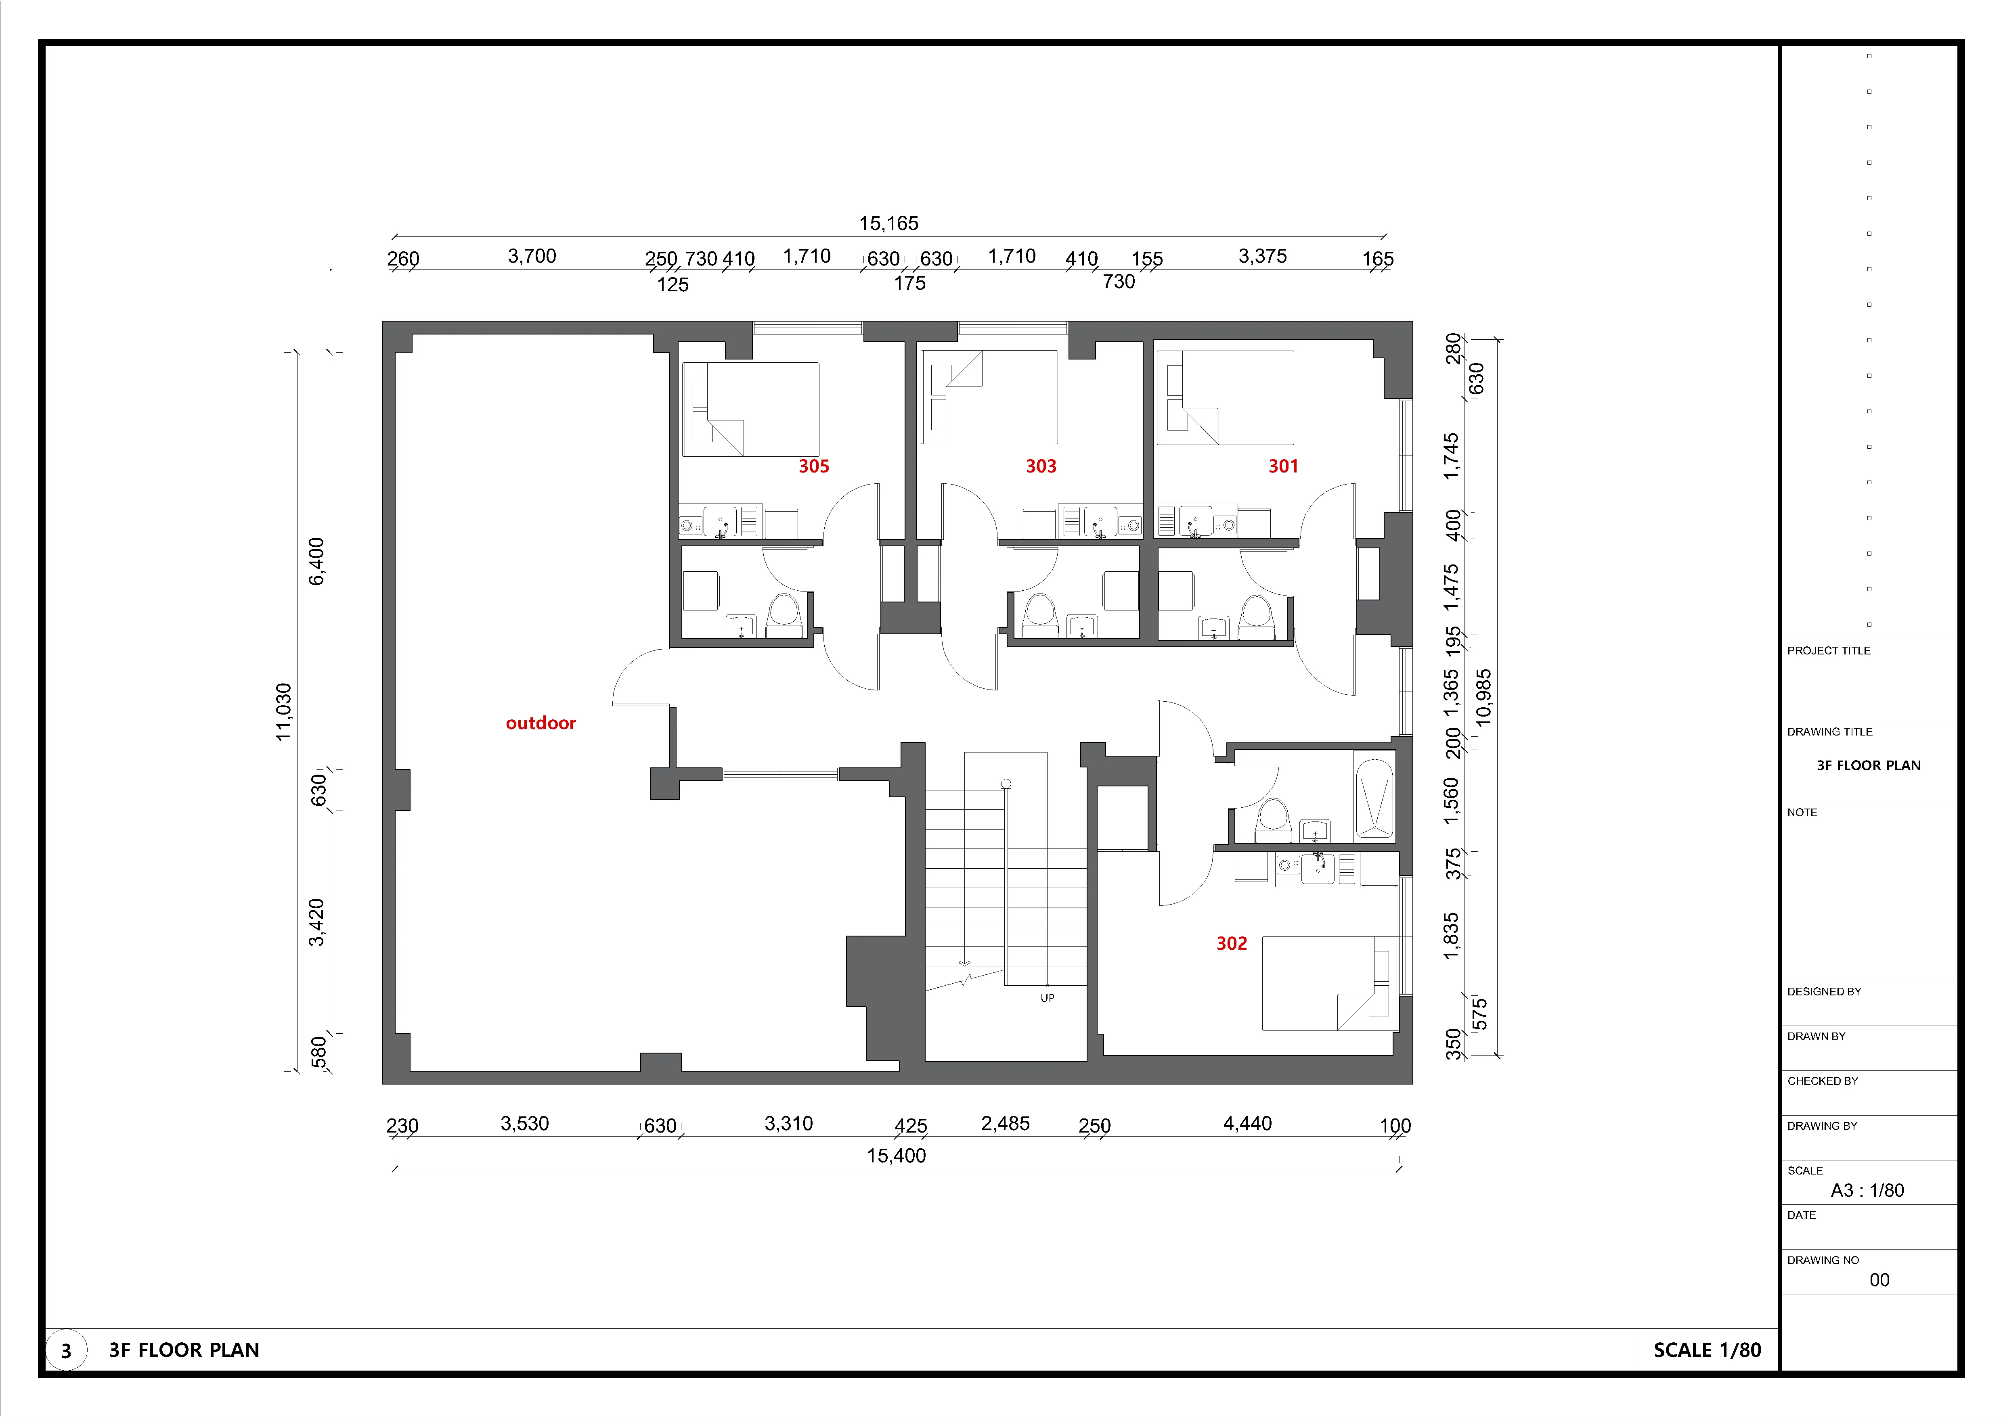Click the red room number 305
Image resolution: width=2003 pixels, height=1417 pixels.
[x=813, y=466]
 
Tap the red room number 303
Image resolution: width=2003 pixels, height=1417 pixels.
[x=1041, y=466]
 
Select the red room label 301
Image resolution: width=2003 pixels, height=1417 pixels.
[x=1283, y=466]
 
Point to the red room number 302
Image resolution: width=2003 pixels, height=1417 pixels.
[x=1232, y=943]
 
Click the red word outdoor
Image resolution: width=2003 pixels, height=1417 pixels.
[x=541, y=723]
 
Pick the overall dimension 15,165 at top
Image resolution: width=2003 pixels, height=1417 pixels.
[x=888, y=224]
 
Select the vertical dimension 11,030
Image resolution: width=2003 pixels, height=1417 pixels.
[x=284, y=712]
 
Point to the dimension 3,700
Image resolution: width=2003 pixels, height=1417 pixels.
[x=532, y=256]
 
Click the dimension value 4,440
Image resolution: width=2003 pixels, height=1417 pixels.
[x=1247, y=1123]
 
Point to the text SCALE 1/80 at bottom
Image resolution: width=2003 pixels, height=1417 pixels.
[x=1707, y=1350]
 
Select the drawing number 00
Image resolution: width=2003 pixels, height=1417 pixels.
[x=1879, y=1280]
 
